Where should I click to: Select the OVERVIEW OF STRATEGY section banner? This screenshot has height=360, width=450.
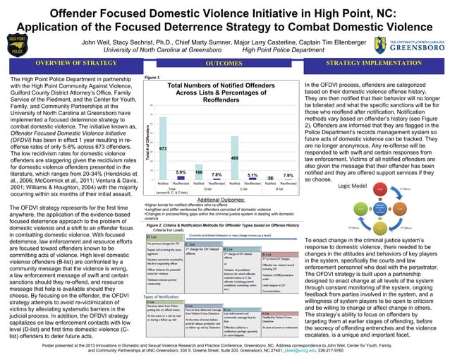[x=76, y=64]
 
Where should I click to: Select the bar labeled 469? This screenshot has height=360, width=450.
[x=235, y=168]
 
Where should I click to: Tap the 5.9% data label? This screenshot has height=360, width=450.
[x=180, y=172]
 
